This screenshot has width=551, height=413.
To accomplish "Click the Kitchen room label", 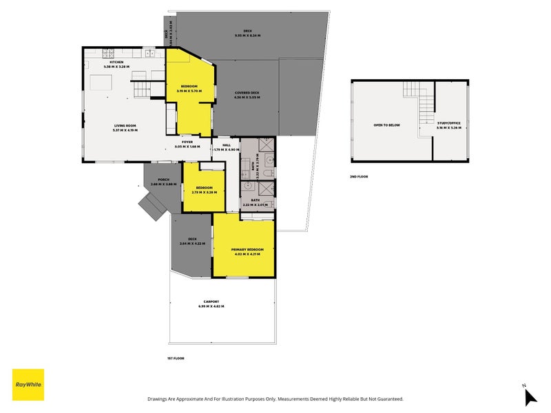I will pos(116,62).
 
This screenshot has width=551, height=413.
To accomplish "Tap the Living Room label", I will pos(125,125).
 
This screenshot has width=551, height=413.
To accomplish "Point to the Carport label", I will pos(211,302).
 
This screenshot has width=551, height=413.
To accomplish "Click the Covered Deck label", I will pos(246,93).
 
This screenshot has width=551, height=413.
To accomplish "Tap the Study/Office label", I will pos(448,124).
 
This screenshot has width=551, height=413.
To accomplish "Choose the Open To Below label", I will pos(387,125).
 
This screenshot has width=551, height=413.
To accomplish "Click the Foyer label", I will pos(187,142).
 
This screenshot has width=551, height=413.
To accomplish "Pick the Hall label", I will pos(226,145).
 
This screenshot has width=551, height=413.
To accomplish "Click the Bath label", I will pos(255,200).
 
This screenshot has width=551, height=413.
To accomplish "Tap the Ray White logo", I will pos(28,385).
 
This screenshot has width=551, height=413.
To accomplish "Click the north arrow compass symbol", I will pos(530,396).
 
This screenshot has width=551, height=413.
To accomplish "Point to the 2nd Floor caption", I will pos(359,177).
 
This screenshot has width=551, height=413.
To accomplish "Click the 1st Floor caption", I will pos(176,358).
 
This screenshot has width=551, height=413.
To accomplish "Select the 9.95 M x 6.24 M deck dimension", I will pos(247,35).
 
